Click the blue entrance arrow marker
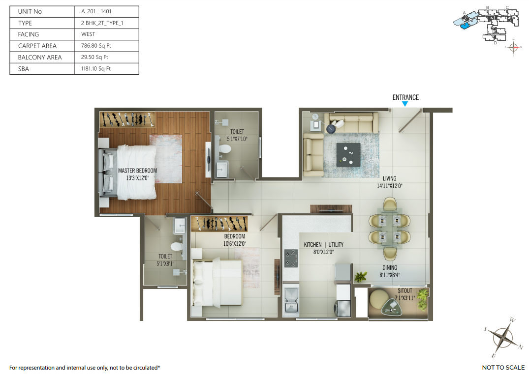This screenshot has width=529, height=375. point(405,104)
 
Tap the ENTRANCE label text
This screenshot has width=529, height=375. point(405,97)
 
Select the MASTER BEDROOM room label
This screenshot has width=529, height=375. point(137,171)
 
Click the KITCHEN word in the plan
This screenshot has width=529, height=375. point(313,245)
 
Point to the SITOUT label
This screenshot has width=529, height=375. point(405,291)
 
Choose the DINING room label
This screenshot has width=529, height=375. point(390,268)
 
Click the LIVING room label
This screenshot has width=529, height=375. point(389,178)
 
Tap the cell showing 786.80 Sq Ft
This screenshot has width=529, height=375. point(96,46)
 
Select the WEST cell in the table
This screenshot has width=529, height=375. point(88,34)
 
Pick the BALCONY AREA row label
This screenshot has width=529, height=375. point(40,58)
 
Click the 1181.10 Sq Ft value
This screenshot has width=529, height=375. point(96,68)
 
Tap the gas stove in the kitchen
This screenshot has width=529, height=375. point(291,259)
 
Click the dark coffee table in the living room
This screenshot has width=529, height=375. point(348,155)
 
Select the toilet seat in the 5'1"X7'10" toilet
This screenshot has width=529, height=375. point(224,149)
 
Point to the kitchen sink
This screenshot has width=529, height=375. point(291,300)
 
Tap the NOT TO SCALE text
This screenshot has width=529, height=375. point(503,368)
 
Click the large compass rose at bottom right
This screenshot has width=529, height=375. point(503,337)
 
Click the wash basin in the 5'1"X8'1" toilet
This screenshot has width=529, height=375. point(180,225)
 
